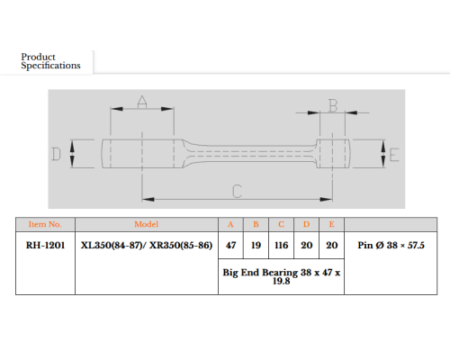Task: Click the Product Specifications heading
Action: tap(50, 61)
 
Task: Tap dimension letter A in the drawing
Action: tap(142, 102)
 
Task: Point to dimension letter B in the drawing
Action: tap(333, 105)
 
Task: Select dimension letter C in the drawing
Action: tap(237, 191)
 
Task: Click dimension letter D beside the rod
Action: tap(56, 154)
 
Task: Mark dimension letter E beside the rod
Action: tap(394, 155)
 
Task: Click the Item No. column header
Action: tap(45, 224)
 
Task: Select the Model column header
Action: tap(146, 224)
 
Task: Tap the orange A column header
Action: tap(230, 224)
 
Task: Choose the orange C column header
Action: tap(281, 224)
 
